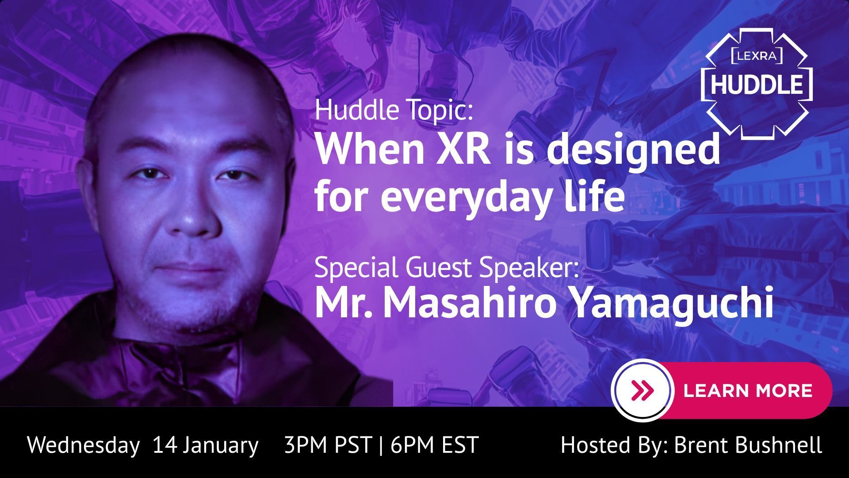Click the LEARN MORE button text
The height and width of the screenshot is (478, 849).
click(x=748, y=390)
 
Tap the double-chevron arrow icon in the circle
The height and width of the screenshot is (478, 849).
click(x=643, y=390)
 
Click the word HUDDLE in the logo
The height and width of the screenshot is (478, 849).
click(x=757, y=84)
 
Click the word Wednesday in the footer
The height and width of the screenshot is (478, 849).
click(x=83, y=444)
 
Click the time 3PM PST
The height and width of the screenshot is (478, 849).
click(x=328, y=444)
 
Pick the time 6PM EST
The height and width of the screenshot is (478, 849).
click(x=435, y=444)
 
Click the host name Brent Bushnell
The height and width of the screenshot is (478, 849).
click(x=748, y=444)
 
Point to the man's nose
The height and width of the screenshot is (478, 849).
click(x=191, y=208)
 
